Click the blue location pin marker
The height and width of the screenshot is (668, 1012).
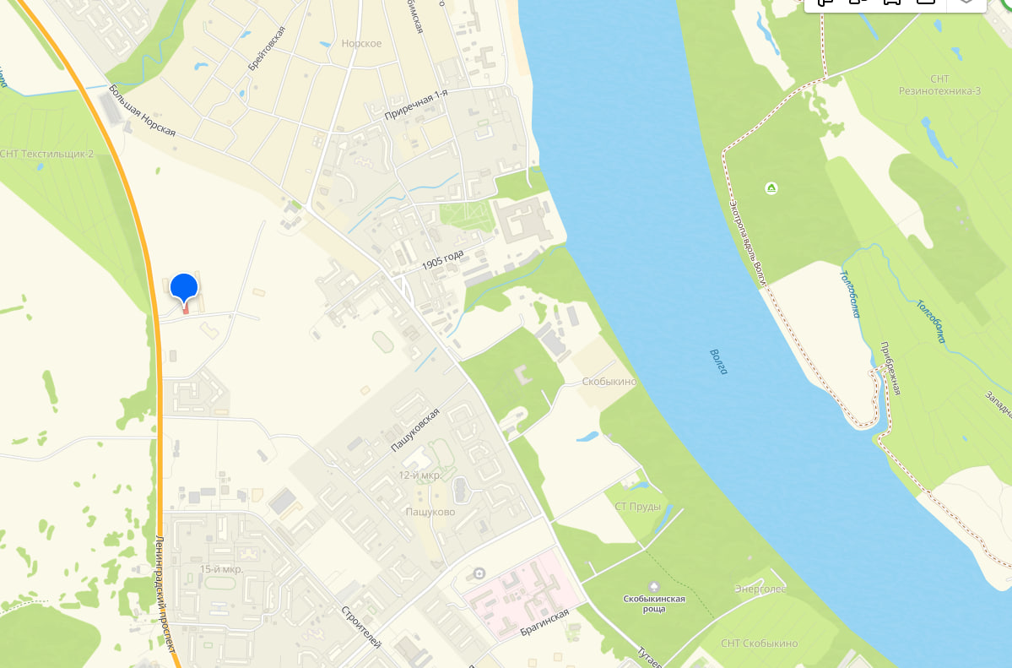pos(184,288)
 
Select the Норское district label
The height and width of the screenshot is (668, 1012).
pos(361,43)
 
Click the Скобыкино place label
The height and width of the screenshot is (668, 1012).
pos(609,382)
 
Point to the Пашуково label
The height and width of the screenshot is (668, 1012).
pos(430,512)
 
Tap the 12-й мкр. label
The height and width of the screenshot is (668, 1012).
pos(419,475)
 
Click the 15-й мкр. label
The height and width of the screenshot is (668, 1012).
pos(221,569)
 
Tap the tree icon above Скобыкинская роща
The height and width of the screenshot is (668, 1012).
pos(653,586)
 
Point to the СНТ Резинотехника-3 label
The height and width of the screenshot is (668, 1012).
pos(939,84)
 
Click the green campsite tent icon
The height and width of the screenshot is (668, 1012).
pos(771,187)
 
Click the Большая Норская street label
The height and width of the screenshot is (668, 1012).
pos(142,111)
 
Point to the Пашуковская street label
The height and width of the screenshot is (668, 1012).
pos(415,431)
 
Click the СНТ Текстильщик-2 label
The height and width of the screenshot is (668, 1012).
pos(46,154)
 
